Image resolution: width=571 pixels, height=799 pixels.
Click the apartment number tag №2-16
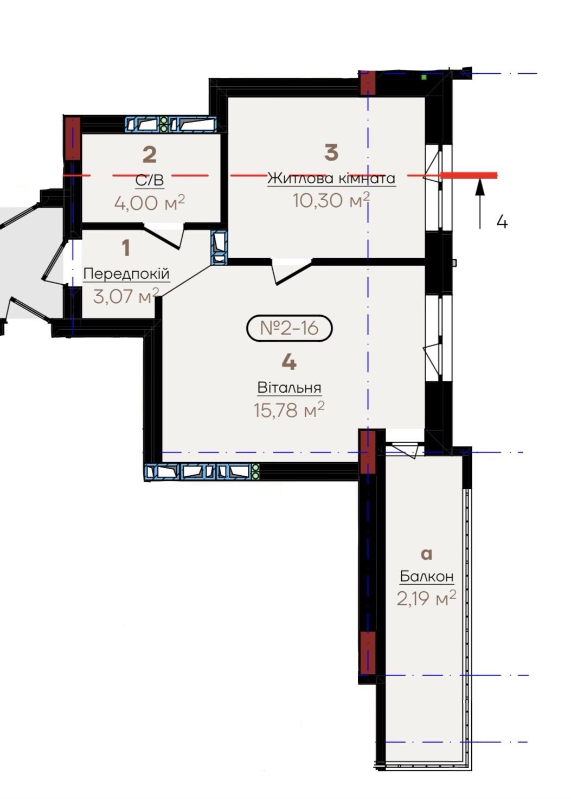click(289, 328)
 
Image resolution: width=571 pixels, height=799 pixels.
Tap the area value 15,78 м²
click(289, 410)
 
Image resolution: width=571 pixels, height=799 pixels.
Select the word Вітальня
click(289, 387)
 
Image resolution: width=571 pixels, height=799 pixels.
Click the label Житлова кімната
click(331, 178)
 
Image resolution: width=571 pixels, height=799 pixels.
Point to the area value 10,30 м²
click(331, 200)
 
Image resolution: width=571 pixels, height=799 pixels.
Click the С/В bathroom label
click(150, 180)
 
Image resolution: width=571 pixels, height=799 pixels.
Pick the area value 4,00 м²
click(150, 203)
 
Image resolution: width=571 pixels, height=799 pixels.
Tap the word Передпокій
click(126, 274)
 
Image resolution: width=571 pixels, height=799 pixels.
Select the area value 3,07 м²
click(126, 296)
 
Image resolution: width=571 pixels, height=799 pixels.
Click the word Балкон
click(427, 576)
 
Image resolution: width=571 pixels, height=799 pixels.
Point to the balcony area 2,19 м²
click(426, 598)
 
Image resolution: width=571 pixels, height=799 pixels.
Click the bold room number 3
click(331, 152)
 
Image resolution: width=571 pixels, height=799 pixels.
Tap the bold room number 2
click(150, 155)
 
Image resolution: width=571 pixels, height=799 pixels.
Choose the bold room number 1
click(126, 248)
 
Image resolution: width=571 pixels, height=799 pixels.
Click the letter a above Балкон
click(427, 554)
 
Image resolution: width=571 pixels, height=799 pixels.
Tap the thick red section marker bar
click(469, 175)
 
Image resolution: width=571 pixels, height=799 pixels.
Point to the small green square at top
click(424, 76)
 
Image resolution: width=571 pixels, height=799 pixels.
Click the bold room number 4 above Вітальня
click(289, 362)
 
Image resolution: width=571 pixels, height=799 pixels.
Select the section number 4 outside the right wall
click(502, 222)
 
